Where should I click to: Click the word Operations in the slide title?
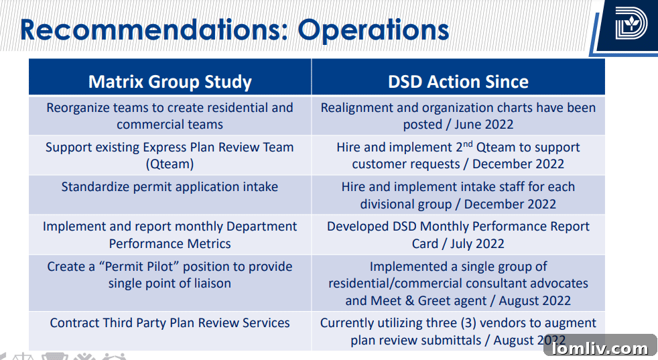point(373,30)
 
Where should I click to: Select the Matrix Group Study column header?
point(170,82)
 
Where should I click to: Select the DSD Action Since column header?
point(458,82)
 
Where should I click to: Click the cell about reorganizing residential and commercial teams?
point(170,116)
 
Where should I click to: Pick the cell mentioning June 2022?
point(458,116)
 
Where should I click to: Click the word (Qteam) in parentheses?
point(170,164)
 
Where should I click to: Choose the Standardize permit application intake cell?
point(170,187)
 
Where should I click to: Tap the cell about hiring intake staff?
point(458,195)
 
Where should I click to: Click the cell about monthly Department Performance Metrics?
point(170,235)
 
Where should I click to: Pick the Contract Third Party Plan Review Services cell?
point(170,323)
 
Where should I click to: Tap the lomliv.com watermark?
point(599,348)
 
